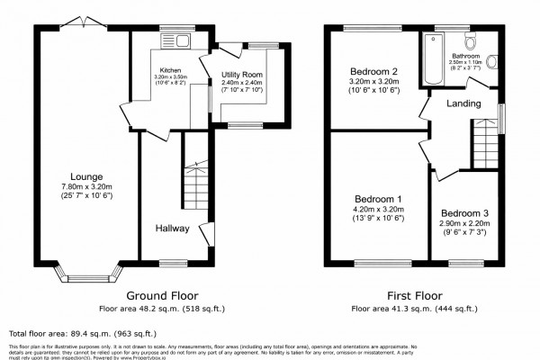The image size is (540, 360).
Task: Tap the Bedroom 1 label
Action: pyautogui.click(x=378, y=199)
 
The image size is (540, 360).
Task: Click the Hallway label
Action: pyautogui.click(x=171, y=229)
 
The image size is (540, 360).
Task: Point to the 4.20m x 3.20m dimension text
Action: pyautogui.click(x=378, y=209)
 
